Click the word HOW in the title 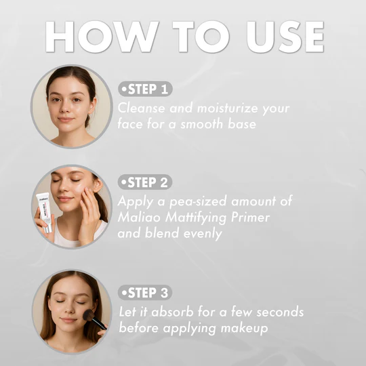[102, 37]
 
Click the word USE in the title [285, 37]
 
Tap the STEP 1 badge [145, 89]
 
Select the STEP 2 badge [145, 182]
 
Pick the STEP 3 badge [145, 292]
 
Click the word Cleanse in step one [141, 108]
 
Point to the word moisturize [227, 108]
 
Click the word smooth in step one [202, 123]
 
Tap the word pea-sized [198, 202]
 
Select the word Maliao [139, 218]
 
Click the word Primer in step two [250, 218]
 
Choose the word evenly [203, 234]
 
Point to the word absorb [172, 312]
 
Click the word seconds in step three [280, 312]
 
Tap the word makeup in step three [244, 329]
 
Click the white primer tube [45, 212]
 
